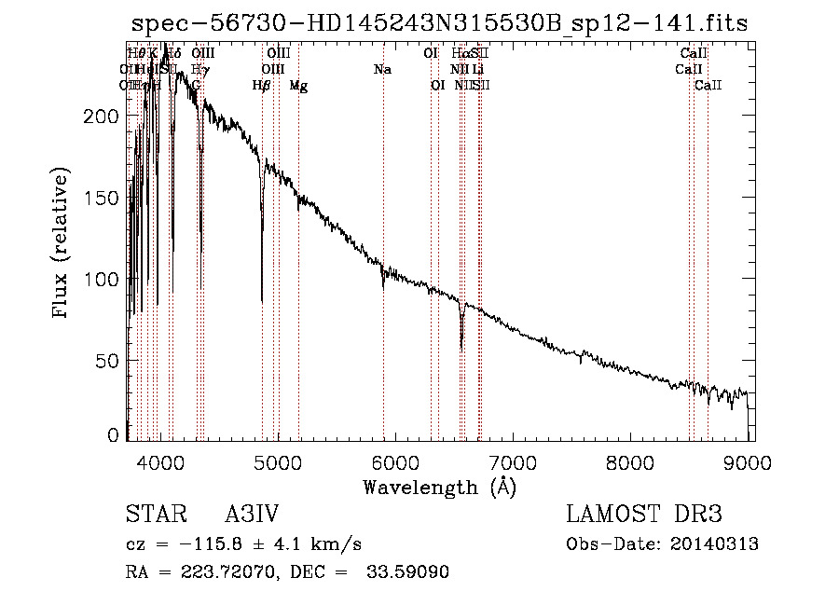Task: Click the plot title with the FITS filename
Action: click(x=439, y=23)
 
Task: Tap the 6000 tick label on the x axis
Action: click(x=395, y=459)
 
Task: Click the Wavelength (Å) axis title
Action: click(x=439, y=486)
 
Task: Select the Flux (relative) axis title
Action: click(x=62, y=244)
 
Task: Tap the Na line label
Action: click(x=382, y=70)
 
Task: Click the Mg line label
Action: click(x=298, y=86)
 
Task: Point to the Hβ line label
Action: click(x=262, y=86)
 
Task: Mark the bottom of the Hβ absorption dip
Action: click(x=262, y=301)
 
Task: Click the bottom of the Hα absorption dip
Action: click(x=461, y=349)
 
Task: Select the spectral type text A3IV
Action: click(x=252, y=515)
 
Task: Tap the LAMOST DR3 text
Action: click(x=643, y=515)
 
